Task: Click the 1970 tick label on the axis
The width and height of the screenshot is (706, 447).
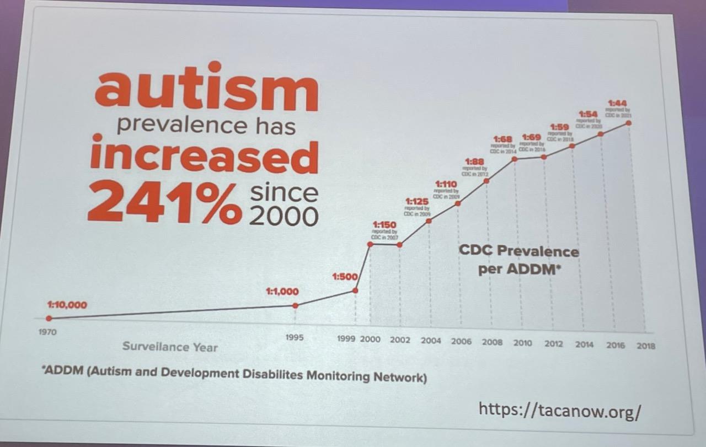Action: pyautogui.click(x=47, y=333)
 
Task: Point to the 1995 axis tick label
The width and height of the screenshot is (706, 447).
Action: pyautogui.click(x=294, y=337)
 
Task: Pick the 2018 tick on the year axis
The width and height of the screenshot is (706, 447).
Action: pyautogui.click(x=646, y=346)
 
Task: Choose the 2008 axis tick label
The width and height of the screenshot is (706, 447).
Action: pyautogui.click(x=492, y=342)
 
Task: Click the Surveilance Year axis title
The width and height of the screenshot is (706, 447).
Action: pyautogui.click(x=170, y=347)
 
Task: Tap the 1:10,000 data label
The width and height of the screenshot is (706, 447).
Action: pyautogui.click(x=67, y=305)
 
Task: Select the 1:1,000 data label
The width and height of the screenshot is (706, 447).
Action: pyautogui.click(x=282, y=292)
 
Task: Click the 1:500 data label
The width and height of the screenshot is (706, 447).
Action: pyautogui.click(x=345, y=277)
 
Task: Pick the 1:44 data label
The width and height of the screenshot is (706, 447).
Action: pyautogui.click(x=617, y=103)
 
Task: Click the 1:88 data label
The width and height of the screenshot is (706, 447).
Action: pyautogui.click(x=475, y=161)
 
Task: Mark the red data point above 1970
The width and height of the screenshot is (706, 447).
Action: pyautogui.click(x=49, y=318)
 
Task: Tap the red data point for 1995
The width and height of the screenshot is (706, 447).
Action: pyautogui.click(x=295, y=305)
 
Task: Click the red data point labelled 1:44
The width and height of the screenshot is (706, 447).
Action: pyautogui.click(x=628, y=123)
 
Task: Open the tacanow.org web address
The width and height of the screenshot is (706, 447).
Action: pyautogui.click(x=559, y=410)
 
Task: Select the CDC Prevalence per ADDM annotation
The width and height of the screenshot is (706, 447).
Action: pyautogui.click(x=519, y=260)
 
